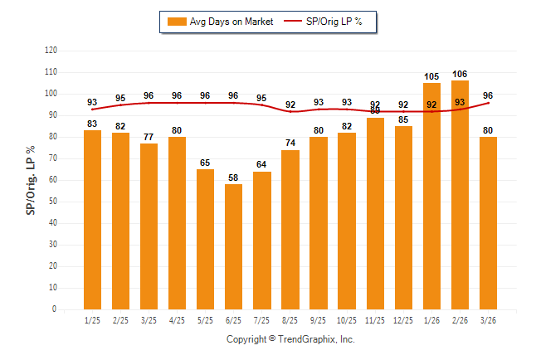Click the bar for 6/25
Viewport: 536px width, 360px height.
tap(234, 246)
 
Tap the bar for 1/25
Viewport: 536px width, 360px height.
tap(92, 220)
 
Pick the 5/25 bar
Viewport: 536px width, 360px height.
tap(206, 239)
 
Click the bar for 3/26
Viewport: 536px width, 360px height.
tap(489, 223)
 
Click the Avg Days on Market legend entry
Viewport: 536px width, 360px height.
tap(219, 22)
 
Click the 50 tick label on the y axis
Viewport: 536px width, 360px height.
tap(53, 202)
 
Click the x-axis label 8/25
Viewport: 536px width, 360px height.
tap(290, 321)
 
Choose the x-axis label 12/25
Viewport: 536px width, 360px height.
tap(404, 321)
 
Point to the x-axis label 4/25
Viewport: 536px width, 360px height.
tap(178, 321)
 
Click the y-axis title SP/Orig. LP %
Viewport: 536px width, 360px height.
tap(31, 180)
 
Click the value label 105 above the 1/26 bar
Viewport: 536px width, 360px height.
tap(432, 76)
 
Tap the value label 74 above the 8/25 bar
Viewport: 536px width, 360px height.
tap(290, 143)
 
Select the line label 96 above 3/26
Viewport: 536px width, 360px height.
tap(489, 95)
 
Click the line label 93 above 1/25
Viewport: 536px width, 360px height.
tap(92, 103)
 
